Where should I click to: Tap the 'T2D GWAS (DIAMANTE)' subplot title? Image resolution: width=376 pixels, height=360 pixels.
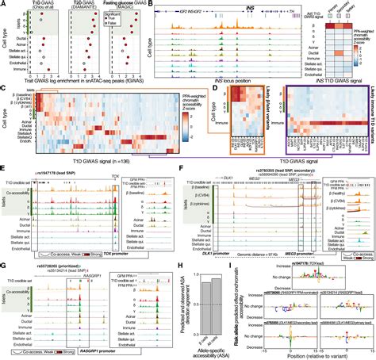click(x=90, y=9)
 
